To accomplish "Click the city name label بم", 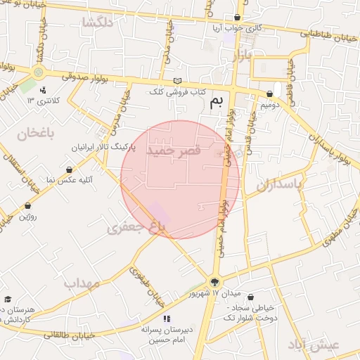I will pyautogui.click(x=217, y=103).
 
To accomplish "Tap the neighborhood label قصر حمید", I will pyautogui.click(x=174, y=150).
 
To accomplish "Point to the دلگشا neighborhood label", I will pyautogui.click(x=97, y=22).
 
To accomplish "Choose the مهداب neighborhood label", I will pyautogui.click(x=83, y=283).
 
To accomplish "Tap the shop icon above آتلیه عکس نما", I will pyautogui.click(x=69, y=169).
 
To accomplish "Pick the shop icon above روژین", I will pyautogui.click(x=27, y=206).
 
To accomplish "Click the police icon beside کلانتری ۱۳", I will pyautogui.click(x=44, y=90).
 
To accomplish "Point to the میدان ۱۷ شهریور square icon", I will pyautogui.click(x=214, y=282).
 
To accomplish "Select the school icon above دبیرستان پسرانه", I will pyautogui.click(x=166, y=319).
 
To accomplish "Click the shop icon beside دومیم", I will pyautogui.click(x=270, y=94).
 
